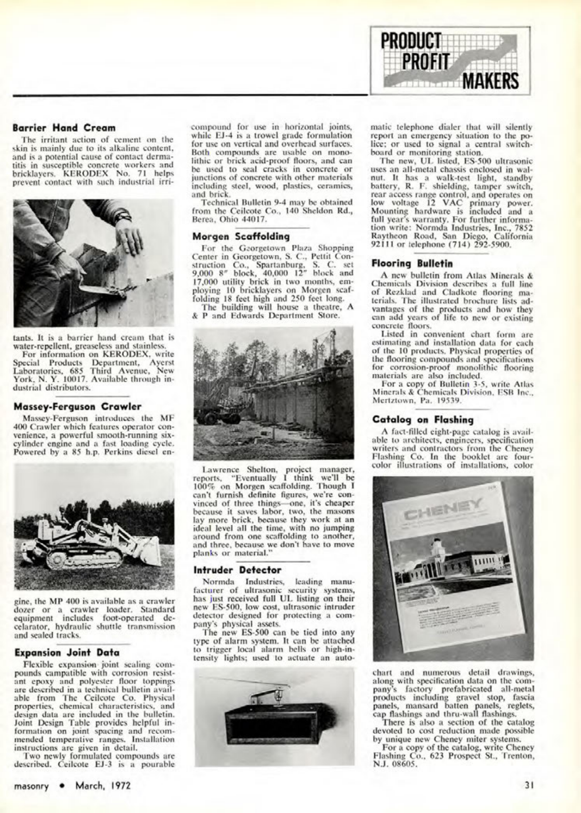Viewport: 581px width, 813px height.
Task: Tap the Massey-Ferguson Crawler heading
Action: (x=78, y=406)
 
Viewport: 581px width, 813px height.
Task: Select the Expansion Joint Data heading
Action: (x=67, y=653)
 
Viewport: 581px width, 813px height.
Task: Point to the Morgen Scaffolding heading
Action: (x=241, y=237)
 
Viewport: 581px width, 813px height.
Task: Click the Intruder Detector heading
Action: (x=237, y=570)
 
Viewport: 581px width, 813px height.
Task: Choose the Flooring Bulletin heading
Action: (x=412, y=263)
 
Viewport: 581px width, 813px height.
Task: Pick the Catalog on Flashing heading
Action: (x=423, y=420)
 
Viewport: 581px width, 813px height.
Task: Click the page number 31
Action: (x=529, y=785)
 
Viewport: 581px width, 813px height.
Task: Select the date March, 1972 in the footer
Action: (x=103, y=785)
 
